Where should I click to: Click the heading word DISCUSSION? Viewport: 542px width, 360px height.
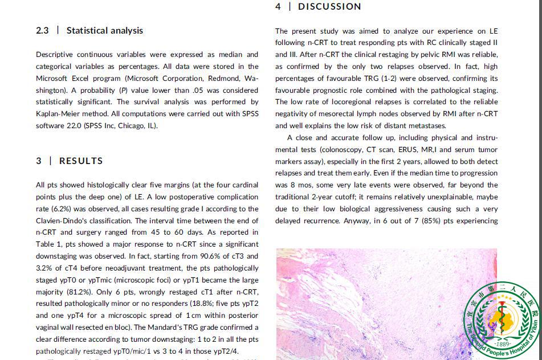click(329, 7)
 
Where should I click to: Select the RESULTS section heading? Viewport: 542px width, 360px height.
click(81, 161)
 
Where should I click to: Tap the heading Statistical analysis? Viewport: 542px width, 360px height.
click(105, 31)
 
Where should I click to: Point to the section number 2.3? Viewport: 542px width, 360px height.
click(42, 31)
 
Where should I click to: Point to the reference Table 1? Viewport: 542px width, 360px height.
click(48, 244)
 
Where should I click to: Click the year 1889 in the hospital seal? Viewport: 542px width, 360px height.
click(503, 344)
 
